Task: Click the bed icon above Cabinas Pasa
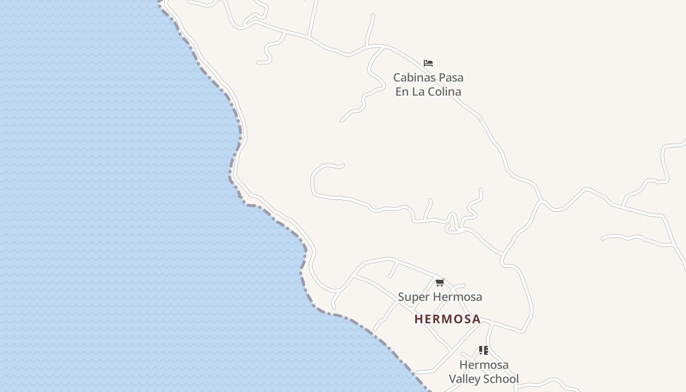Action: click(428, 63)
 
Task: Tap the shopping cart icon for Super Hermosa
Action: click(440, 282)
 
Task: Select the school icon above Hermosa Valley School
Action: click(484, 350)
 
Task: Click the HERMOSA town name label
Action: click(447, 319)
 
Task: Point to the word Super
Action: click(411, 297)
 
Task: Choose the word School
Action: click(501, 379)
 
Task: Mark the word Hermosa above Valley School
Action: click(484, 365)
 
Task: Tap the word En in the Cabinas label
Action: click(402, 92)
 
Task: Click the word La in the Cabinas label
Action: click(418, 92)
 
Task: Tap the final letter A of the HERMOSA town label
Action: click(476, 319)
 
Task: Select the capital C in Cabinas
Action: click(397, 77)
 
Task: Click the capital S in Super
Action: click(401, 297)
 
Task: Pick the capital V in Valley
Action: click(453, 379)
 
